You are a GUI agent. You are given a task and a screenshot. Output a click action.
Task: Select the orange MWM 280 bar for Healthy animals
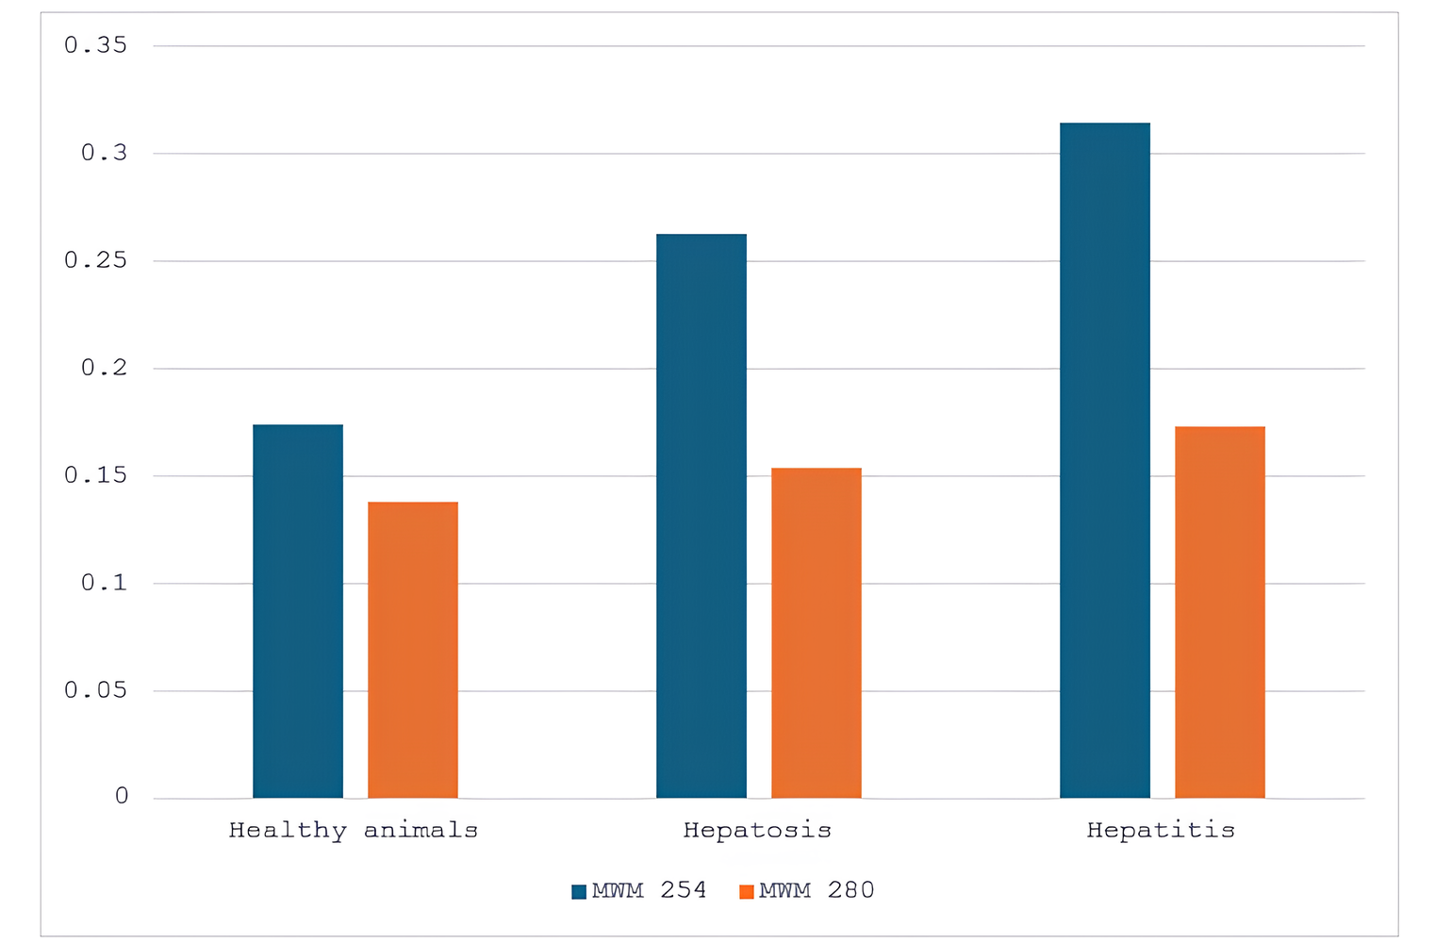coord(413,650)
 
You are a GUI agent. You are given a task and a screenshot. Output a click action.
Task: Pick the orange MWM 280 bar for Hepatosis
coord(817,633)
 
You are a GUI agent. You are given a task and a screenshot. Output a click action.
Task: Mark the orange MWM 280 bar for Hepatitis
coord(1220,612)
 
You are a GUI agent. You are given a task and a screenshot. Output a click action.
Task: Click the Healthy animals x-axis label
coord(354,831)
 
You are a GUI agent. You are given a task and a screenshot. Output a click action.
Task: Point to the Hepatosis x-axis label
coord(757,831)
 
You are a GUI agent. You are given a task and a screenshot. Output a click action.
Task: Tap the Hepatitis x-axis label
coord(1161,831)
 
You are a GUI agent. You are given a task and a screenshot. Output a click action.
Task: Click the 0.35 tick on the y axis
coord(95,45)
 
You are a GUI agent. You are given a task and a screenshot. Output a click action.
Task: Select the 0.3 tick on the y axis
coord(104,153)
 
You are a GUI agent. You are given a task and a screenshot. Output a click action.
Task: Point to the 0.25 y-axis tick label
coord(95,260)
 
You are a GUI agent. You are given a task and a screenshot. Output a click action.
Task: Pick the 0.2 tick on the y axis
coord(104,368)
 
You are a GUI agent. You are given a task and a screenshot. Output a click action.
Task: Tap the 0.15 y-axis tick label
coord(95,475)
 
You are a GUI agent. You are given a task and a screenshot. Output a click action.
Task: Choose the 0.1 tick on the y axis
coord(104,583)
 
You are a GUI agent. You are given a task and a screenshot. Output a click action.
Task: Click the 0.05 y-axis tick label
coord(95,690)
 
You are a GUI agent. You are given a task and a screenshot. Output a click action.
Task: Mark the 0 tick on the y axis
coord(122,797)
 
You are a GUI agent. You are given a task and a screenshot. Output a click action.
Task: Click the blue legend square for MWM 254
coord(579,892)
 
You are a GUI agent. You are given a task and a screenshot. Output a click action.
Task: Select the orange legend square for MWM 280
coord(747,892)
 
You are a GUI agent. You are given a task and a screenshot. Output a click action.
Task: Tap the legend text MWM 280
coord(817,891)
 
